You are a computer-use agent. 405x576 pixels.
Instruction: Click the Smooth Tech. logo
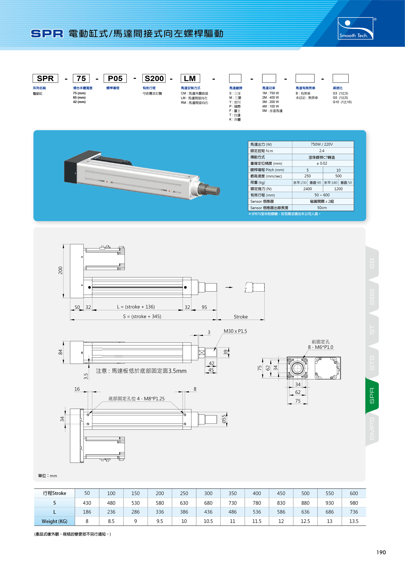pyautogui.click(x=356, y=28)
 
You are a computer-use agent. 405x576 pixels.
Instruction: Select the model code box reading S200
pyautogui.click(x=154, y=78)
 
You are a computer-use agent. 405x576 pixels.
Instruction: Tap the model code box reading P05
pyautogui.click(x=115, y=78)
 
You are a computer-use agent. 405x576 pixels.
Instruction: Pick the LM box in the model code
pyautogui.click(x=190, y=78)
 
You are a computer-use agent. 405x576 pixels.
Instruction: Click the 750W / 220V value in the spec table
pyautogui.click(x=322, y=144)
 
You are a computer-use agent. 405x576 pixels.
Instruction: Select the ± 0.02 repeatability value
pyautogui.click(x=322, y=163)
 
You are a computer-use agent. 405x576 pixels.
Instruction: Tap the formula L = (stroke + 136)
pyautogui.click(x=136, y=307)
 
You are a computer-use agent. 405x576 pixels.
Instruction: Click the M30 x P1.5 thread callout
pyautogui.click(x=235, y=331)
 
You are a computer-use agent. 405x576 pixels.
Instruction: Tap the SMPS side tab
pyautogui.click(x=372, y=428)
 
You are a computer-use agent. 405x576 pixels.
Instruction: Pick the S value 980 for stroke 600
pyautogui.click(x=354, y=503)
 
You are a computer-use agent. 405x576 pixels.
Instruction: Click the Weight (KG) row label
pyautogui.click(x=54, y=521)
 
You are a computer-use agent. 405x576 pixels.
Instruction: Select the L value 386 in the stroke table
pyautogui.click(x=184, y=512)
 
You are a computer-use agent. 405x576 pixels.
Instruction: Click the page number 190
pyautogui.click(x=381, y=552)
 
